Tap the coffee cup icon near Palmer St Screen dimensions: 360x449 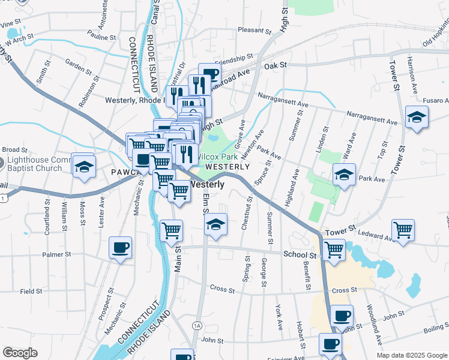(120, 247)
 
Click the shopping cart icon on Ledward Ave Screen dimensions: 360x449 (403, 229)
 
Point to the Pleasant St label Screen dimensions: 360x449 (255, 30)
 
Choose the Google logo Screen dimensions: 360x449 (20, 353)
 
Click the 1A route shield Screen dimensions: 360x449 (197, 325)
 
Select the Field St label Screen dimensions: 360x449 (31, 291)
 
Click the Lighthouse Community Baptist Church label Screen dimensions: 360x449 (36, 164)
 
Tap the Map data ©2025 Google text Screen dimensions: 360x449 (412, 355)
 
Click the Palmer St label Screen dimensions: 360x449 (57, 254)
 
